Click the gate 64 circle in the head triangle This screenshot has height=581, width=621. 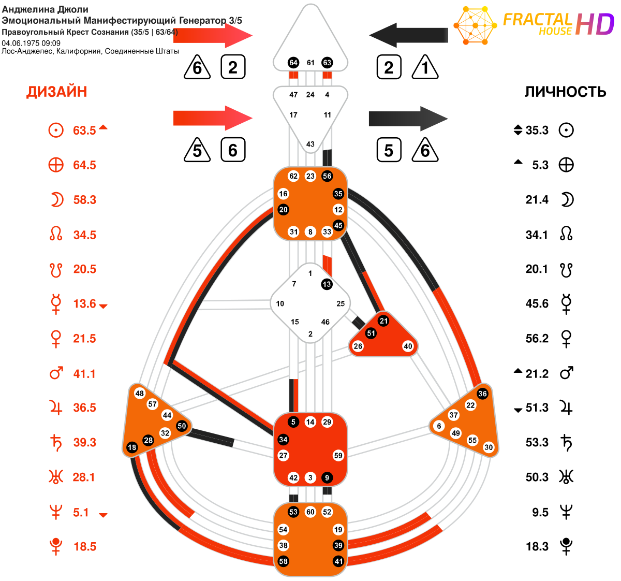[x=293, y=63]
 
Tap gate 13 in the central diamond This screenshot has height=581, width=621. [x=327, y=284]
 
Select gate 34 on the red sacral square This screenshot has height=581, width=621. [x=283, y=440]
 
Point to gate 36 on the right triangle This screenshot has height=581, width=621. [x=482, y=394]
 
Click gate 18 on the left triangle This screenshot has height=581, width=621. [x=132, y=447]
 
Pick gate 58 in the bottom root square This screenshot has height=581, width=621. [x=283, y=561]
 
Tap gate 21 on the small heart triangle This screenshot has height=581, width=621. [x=383, y=321]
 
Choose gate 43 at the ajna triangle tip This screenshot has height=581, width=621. [x=310, y=144]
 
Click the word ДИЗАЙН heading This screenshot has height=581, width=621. [x=56, y=92]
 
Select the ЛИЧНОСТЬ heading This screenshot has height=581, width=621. [x=565, y=92]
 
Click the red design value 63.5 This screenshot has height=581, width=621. [x=84, y=130]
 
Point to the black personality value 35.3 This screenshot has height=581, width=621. [x=537, y=130]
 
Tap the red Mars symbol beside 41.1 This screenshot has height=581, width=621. [x=56, y=373]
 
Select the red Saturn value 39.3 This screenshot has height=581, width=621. [x=84, y=442]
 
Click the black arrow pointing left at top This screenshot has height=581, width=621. [x=409, y=35]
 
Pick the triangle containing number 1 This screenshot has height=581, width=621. [x=425, y=67]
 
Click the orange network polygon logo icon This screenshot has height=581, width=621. [x=475, y=25]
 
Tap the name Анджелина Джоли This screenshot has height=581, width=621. [x=45, y=9]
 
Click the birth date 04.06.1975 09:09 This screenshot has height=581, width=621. [x=31, y=43]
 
